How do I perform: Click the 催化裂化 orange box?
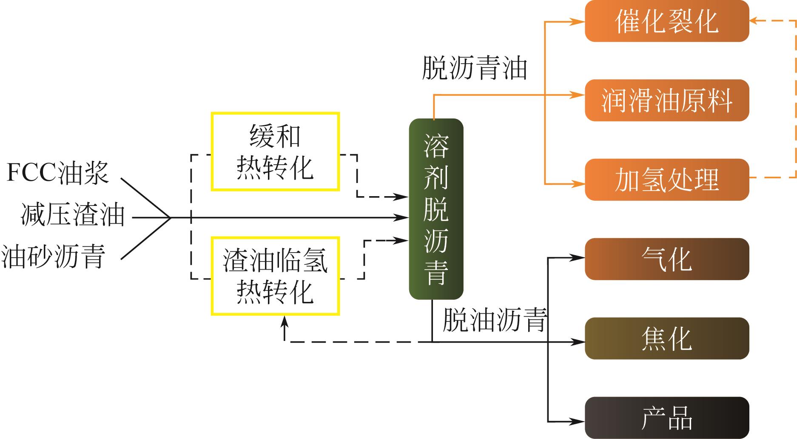[666, 21]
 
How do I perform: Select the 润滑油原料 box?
[666, 100]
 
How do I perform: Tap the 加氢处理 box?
[666, 180]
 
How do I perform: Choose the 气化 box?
[666, 259]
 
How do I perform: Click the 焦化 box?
[666, 338]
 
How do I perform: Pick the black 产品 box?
[666, 418]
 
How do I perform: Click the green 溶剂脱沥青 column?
[436, 209]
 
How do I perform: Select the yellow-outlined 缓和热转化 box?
[275, 152]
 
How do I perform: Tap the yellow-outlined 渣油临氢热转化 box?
[275, 276]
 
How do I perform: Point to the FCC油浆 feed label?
[58, 173]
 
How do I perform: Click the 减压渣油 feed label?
[73, 215]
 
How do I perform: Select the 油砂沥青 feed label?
[54, 256]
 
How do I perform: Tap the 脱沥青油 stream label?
[474, 68]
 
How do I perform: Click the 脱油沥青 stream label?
[495, 320]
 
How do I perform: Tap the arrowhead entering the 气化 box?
[579, 257]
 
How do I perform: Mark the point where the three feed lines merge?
[171, 218]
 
